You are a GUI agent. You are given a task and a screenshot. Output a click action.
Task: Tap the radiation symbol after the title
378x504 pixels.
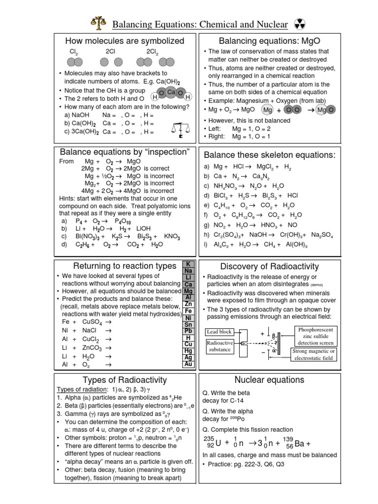[x=299, y=23]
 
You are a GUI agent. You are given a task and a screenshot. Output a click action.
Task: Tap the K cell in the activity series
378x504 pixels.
[x=188, y=264]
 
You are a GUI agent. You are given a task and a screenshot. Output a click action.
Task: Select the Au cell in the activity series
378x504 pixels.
[x=188, y=364]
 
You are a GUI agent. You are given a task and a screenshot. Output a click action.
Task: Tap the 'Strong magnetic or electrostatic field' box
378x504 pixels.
[x=314, y=354]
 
